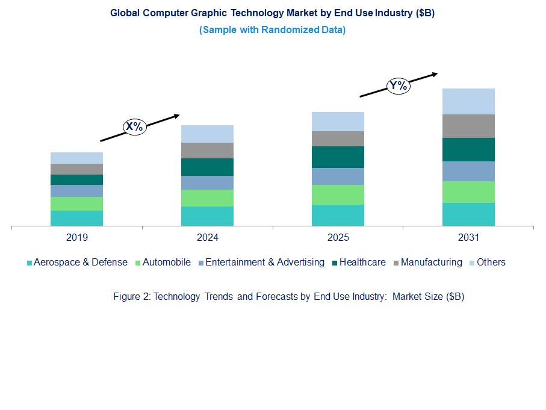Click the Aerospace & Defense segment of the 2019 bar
coord(76,218)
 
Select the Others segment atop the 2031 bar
coord(468,101)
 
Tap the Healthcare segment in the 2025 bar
coord(338,157)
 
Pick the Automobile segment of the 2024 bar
coord(207,198)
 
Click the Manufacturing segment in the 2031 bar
coord(468,126)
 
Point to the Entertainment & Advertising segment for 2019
coord(76,191)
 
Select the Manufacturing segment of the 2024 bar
coord(207,151)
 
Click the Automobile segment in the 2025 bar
coord(338,194)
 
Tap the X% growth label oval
coord(134,126)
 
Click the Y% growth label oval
coord(398,85)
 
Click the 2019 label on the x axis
coord(76,238)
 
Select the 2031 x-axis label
coord(468,238)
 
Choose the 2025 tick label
coord(338,238)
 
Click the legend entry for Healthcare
coord(362,262)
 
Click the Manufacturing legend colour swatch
coord(396,263)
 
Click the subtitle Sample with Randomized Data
coord(272,30)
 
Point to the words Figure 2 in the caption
coord(131,297)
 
